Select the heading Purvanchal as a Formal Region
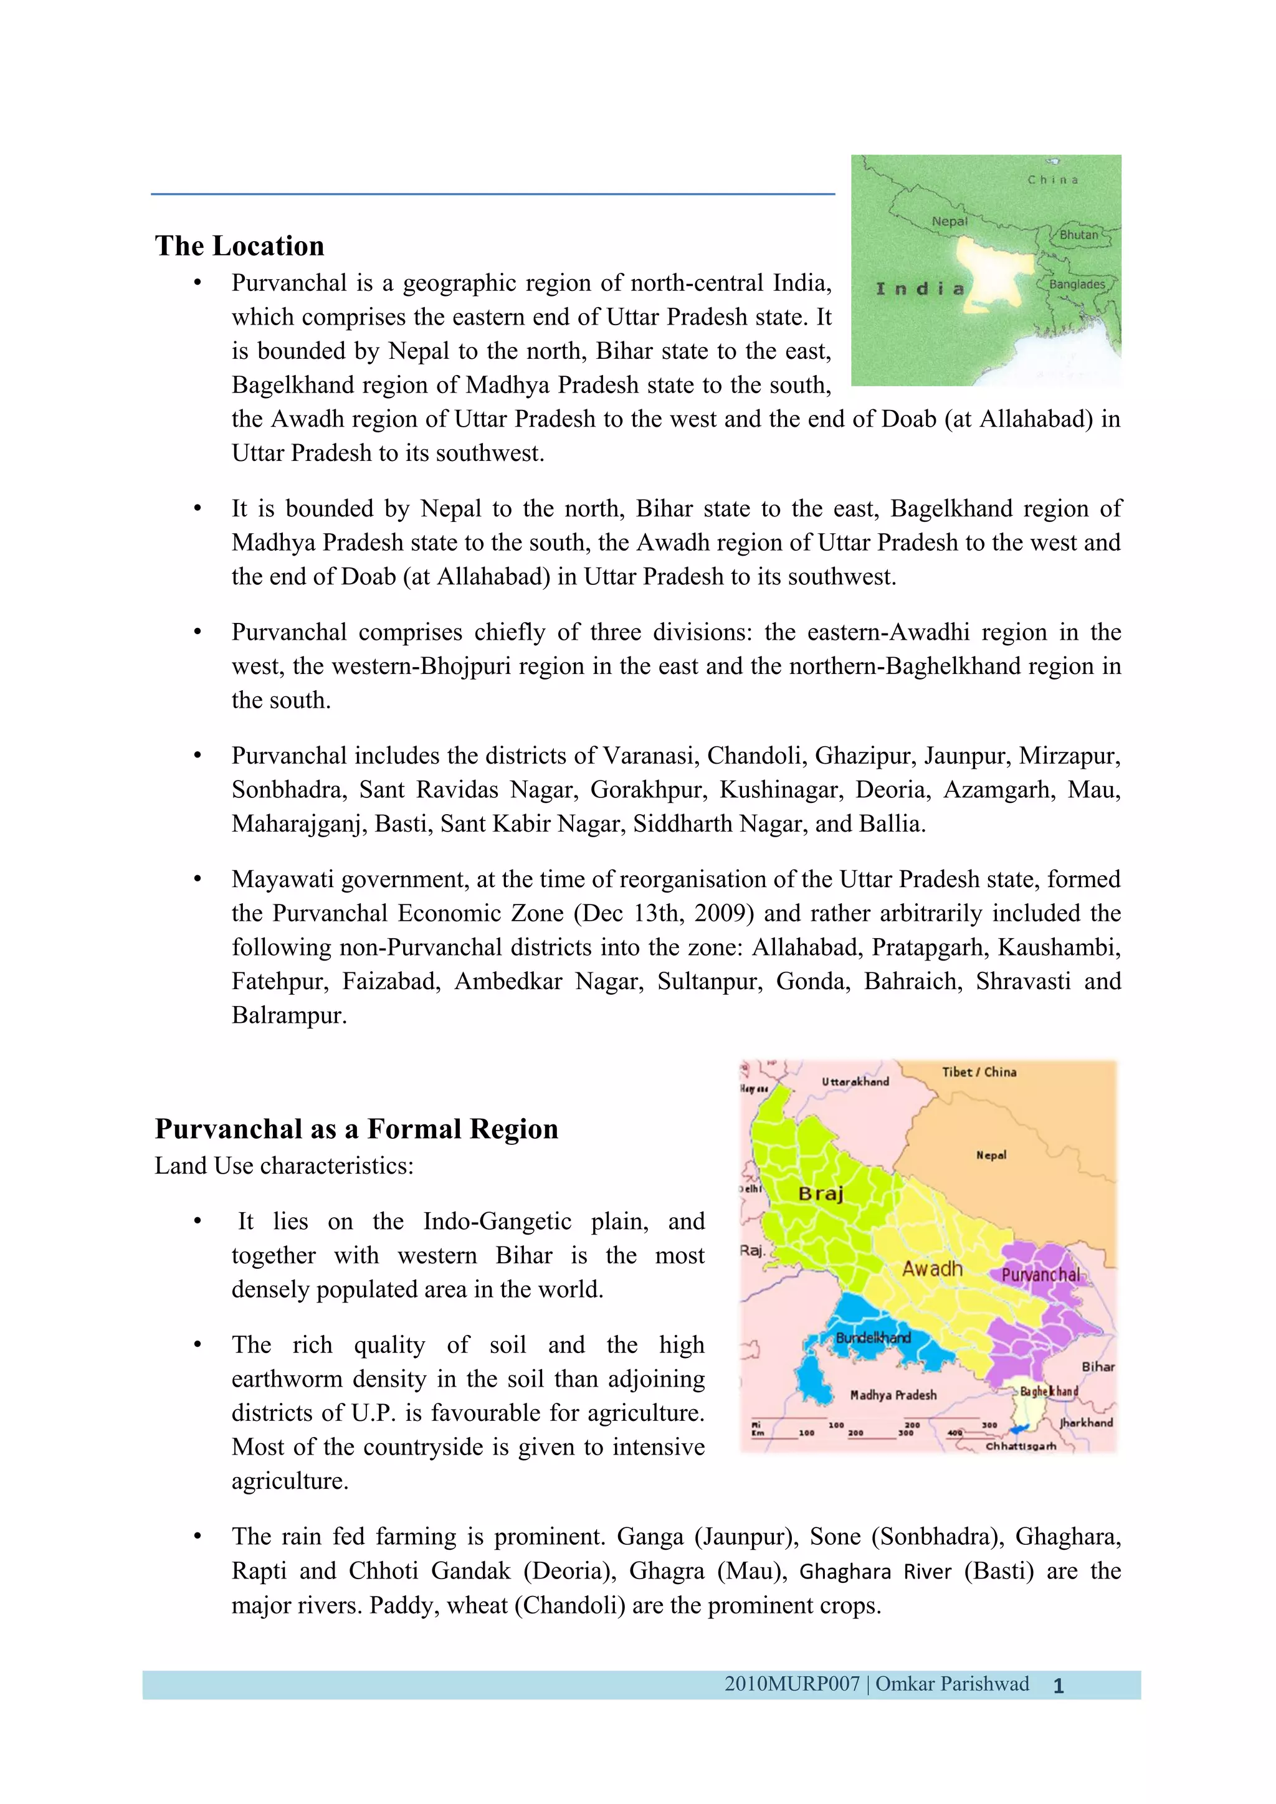point(356,1129)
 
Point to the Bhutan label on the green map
point(1078,235)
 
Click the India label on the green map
point(919,289)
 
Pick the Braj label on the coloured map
point(821,1194)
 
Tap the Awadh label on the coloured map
point(932,1268)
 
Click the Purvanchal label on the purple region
point(1040,1275)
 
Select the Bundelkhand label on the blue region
point(873,1337)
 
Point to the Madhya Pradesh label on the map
point(893,1395)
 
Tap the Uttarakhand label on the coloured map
point(855,1082)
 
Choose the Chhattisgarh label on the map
point(1021,1446)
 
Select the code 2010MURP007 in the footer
point(792,1684)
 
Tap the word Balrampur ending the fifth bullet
point(288,1015)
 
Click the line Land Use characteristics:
point(283,1165)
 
